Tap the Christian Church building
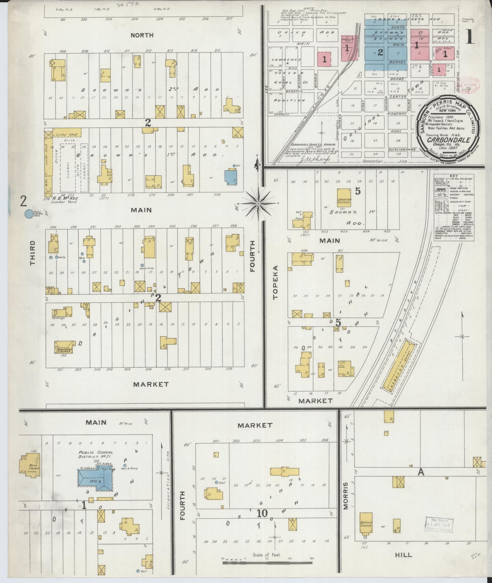[344, 198]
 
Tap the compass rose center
[258, 204]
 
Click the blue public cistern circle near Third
[28, 214]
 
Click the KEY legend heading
[454, 176]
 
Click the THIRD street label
[32, 253]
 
